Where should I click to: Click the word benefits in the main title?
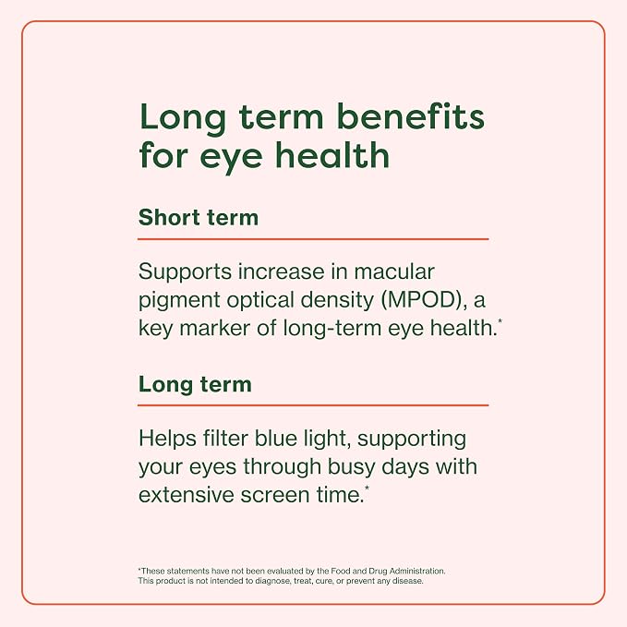[x=411, y=116]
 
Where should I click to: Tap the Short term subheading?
[x=199, y=218]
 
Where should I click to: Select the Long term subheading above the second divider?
[x=195, y=385]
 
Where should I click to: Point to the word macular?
[x=394, y=271]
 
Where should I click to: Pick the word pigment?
[x=179, y=301]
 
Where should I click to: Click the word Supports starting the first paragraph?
[x=185, y=272]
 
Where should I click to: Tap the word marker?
[x=215, y=329]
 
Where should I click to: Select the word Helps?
[x=167, y=439]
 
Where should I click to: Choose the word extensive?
[x=186, y=495]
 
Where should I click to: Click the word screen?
[x=275, y=496]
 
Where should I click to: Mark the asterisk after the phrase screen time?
[x=367, y=488]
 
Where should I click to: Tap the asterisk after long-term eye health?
[x=500, y=321]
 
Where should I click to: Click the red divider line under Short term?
[x=313, y=239]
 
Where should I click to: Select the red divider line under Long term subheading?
[x=313, y=405]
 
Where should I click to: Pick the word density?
[x=337, y=301]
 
